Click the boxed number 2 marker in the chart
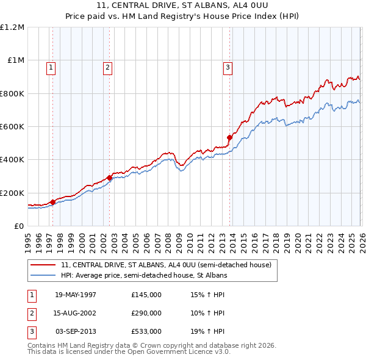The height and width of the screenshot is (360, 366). click(x=107, y=68)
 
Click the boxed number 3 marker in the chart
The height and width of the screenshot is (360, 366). click(x=228, y=68)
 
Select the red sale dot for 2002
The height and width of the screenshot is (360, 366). click(x=110, y=178)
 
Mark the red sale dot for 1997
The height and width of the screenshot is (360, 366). click(x=53, y=202)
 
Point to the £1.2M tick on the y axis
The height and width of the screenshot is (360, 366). click(x=12, y=27)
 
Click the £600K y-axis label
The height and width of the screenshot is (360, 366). click(x=12, y=127)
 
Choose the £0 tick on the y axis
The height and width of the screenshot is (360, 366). click(x=18, y=226)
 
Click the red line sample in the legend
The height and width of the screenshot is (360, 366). click(x=43, y=265)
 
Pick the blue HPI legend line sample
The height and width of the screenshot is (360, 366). click(x=43, y=276)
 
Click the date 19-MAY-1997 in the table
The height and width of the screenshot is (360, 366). click(x=76, y=295)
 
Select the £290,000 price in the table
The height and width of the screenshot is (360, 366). click(x=146, y=313)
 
